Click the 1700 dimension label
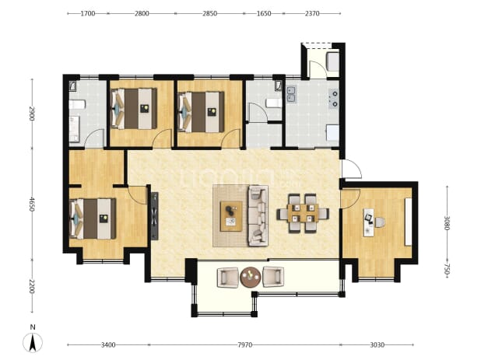point(88,13)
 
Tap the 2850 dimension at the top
point(210,13)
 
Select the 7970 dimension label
point(245,345)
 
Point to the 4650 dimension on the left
point(32,204)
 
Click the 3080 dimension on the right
point(447,223)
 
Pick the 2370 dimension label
point(312,13)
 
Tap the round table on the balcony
point(251,278)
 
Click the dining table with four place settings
point(303,213)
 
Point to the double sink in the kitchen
point(291,94)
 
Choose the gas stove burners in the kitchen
point(333,99)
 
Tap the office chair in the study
point(379,222)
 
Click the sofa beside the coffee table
point(258,215)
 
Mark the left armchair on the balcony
point(227,278)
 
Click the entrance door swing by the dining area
point(352,169)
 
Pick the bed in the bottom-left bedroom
point(93,218)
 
